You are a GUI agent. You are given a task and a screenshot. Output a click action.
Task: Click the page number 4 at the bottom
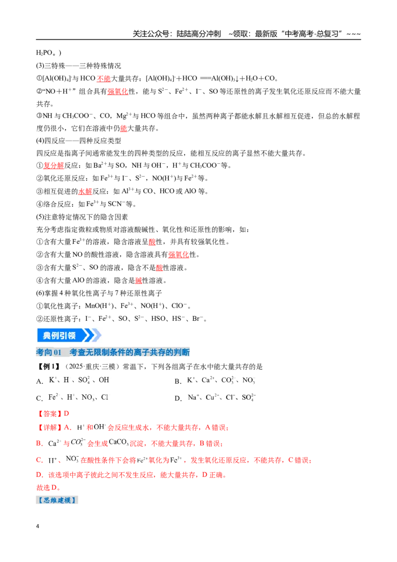pos(38,526)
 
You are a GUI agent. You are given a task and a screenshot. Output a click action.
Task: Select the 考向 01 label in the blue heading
pos(49,352)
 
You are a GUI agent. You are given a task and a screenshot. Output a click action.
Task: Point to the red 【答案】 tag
pos(49,414)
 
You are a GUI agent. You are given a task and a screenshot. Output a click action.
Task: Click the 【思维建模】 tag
pos(57,500)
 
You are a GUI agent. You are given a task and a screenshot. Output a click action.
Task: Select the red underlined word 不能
pos(104,78)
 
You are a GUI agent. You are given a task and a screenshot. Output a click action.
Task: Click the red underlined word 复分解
pos(54,166)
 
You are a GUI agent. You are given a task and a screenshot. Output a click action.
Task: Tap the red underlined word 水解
pos(85,192)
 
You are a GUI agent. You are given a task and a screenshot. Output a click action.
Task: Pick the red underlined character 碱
pos(138,281)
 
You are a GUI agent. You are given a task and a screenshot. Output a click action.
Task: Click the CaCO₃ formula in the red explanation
pos(119,442)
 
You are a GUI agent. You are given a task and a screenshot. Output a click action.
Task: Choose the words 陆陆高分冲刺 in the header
pos(199,34)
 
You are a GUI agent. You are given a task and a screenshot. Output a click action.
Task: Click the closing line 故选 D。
pos(48,488)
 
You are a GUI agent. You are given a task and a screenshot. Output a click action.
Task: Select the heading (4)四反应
pos(51,140)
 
